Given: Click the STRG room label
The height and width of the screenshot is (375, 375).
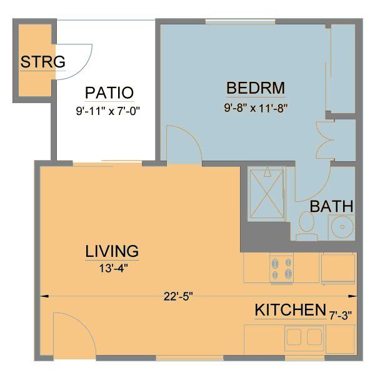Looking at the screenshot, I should (43, 62).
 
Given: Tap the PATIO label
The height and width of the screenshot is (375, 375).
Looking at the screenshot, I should (109, 93).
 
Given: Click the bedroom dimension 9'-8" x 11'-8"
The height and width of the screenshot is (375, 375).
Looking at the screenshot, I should (256, 107).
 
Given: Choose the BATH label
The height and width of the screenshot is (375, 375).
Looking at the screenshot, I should (332, 206).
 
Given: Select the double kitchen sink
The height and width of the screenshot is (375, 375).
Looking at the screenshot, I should (305, 337).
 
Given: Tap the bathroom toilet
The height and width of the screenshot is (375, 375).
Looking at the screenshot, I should (306, 226).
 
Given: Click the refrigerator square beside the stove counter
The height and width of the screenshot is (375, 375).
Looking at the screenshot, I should (337, 269).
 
